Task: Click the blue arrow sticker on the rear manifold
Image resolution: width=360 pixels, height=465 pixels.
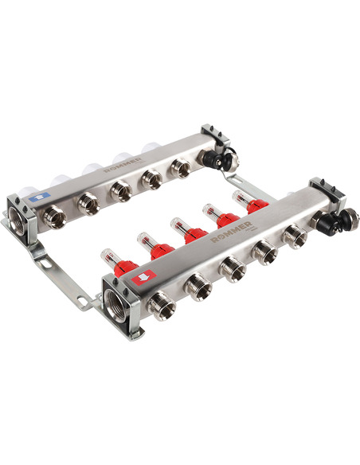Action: pyautogui.click(x=40, y=197)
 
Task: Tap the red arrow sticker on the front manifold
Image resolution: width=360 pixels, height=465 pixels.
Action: pyautogui.click(x=144, y=278)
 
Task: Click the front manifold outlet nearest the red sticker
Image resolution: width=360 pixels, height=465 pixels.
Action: pyautogui.click(x=162, y=306)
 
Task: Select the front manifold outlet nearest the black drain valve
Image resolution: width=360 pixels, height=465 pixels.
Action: pyautogui.click(x=295, y=236)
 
